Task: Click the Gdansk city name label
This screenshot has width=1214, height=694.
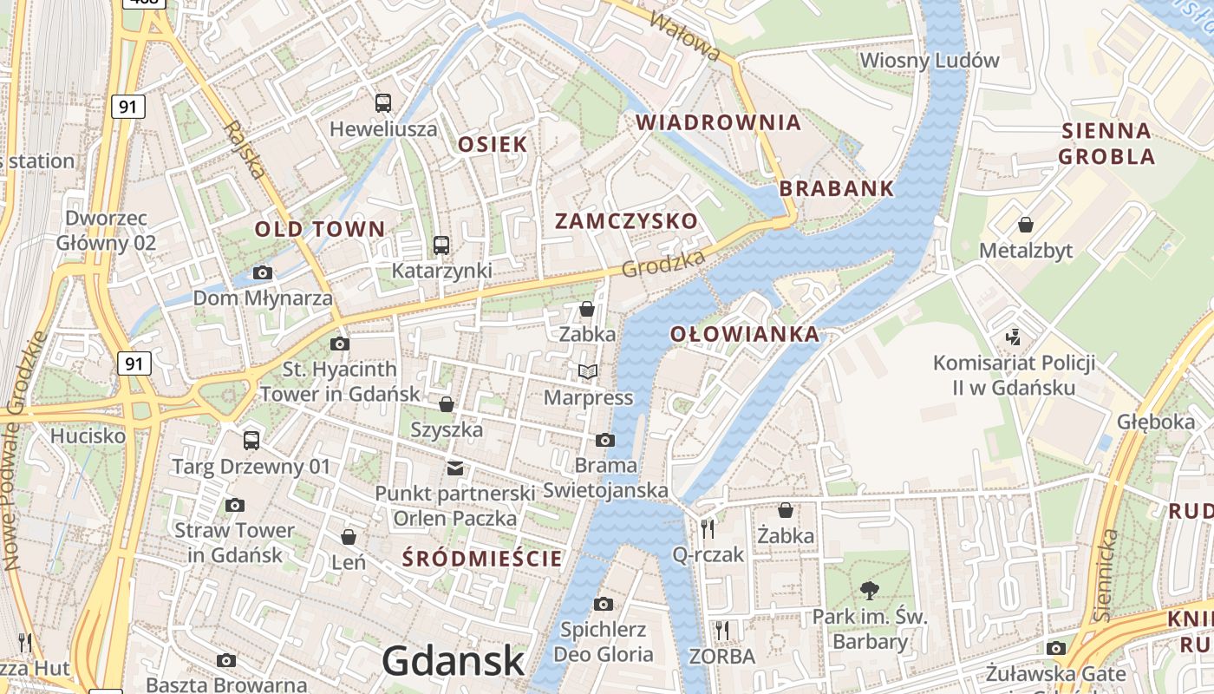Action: (453, 661)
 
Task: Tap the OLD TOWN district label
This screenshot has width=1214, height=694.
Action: (319, 229)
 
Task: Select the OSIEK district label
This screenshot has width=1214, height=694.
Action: (493, 144)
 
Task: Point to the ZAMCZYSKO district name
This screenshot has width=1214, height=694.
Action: (626, 221)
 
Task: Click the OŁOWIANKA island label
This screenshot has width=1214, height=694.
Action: (744, 334)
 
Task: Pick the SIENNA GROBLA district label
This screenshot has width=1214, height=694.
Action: (1107, 144)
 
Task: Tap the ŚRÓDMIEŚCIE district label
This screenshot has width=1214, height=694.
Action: (483, 559)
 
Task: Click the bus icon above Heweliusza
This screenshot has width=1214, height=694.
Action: (383, 103)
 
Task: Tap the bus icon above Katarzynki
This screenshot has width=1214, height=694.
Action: (441, 246)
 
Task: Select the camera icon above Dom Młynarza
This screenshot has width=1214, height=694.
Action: (262, 273)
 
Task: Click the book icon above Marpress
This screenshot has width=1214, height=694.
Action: (588, 372)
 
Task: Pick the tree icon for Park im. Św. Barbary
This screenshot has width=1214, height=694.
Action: (869, 592)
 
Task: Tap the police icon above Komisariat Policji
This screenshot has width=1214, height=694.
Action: (1013, 336)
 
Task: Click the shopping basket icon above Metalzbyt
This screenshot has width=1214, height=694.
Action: (1026, 225)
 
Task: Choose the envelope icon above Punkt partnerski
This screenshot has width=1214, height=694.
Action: (454, 468)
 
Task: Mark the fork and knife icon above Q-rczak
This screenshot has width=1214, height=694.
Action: (708, 528)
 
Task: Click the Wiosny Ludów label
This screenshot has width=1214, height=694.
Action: (929, 61)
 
